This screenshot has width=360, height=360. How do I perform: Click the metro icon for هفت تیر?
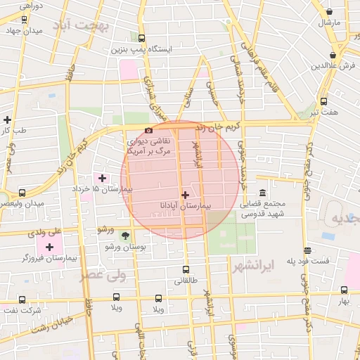(323, 101)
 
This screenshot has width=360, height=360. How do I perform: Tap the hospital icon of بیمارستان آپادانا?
(185, 195)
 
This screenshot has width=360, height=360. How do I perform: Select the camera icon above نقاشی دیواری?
(148, 130)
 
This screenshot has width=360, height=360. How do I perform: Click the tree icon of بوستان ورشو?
(125, 236)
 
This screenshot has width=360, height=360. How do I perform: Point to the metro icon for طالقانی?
(186, 269)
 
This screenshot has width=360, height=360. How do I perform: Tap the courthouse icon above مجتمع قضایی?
(262, 193)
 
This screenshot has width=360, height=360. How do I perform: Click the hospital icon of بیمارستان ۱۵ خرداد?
(103, 178)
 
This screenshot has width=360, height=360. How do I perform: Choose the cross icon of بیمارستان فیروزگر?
(49, 247)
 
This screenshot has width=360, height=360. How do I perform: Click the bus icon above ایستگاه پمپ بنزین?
(141, 39)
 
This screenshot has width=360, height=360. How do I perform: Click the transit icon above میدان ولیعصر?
(22, 193)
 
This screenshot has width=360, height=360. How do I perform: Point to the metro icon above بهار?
(344, 290)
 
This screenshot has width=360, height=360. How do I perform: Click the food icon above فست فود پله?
(307, 250)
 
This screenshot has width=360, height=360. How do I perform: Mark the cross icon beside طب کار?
(7, 120)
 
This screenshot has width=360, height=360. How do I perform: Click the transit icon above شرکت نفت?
(11, 300)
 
